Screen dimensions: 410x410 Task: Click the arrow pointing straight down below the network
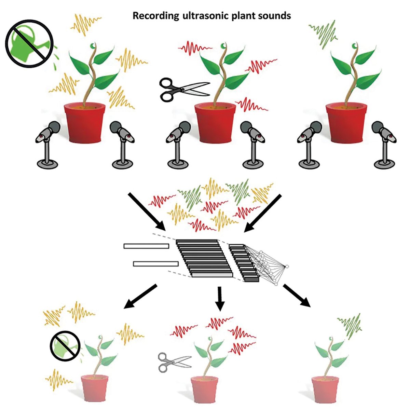(220, 298)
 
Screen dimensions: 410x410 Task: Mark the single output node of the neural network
(287, 266)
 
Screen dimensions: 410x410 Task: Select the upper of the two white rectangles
(146, 246)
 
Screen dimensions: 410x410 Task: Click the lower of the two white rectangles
(156, 263)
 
